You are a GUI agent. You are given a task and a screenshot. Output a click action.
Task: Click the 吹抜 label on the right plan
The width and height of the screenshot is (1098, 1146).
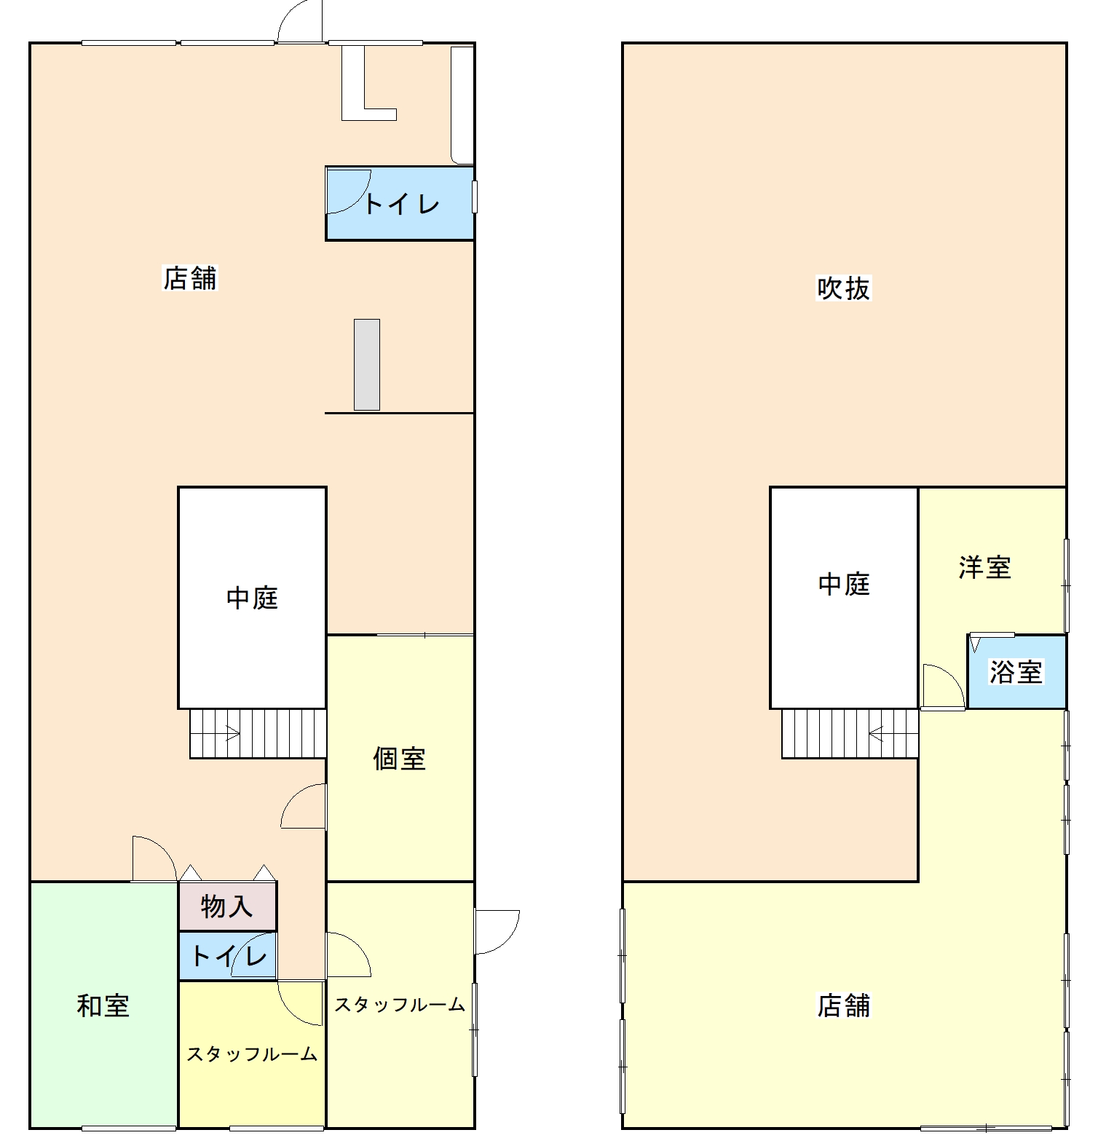point(843,288)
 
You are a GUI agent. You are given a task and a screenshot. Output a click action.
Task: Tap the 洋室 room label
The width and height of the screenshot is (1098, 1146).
point(984,567)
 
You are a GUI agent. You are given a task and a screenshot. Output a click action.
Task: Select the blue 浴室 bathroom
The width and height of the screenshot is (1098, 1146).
point(1016,671)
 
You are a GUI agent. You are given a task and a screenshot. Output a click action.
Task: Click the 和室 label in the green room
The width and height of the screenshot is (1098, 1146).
point(103,1005)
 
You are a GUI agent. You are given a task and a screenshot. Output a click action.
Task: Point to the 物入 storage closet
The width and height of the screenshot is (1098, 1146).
point(227,906)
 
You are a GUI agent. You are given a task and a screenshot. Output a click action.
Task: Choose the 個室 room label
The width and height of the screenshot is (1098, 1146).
point(399,759)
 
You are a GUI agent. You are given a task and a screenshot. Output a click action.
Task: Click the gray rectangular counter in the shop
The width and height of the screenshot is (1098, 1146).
point(367,365)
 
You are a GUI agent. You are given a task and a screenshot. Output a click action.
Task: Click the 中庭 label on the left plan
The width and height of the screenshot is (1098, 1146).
point(252,598)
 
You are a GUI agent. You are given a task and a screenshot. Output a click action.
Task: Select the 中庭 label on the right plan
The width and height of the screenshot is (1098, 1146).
point(844,584)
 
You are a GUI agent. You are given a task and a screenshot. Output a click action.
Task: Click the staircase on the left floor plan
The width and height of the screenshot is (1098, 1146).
point(258,733)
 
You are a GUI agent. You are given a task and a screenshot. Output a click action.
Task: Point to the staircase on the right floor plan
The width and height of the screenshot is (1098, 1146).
point(850,733)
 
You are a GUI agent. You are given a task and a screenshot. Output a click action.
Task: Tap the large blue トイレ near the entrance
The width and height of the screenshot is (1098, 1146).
point(400,204)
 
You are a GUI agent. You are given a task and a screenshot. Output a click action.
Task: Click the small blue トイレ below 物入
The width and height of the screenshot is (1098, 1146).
point(227,956)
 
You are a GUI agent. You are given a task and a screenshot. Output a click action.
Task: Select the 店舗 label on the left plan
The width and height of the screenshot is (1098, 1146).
point(189,278)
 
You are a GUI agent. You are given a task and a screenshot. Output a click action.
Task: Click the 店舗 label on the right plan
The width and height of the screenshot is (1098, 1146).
point(843,1005)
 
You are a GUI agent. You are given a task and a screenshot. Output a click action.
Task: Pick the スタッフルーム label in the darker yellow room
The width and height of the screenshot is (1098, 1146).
point(252,1054)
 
